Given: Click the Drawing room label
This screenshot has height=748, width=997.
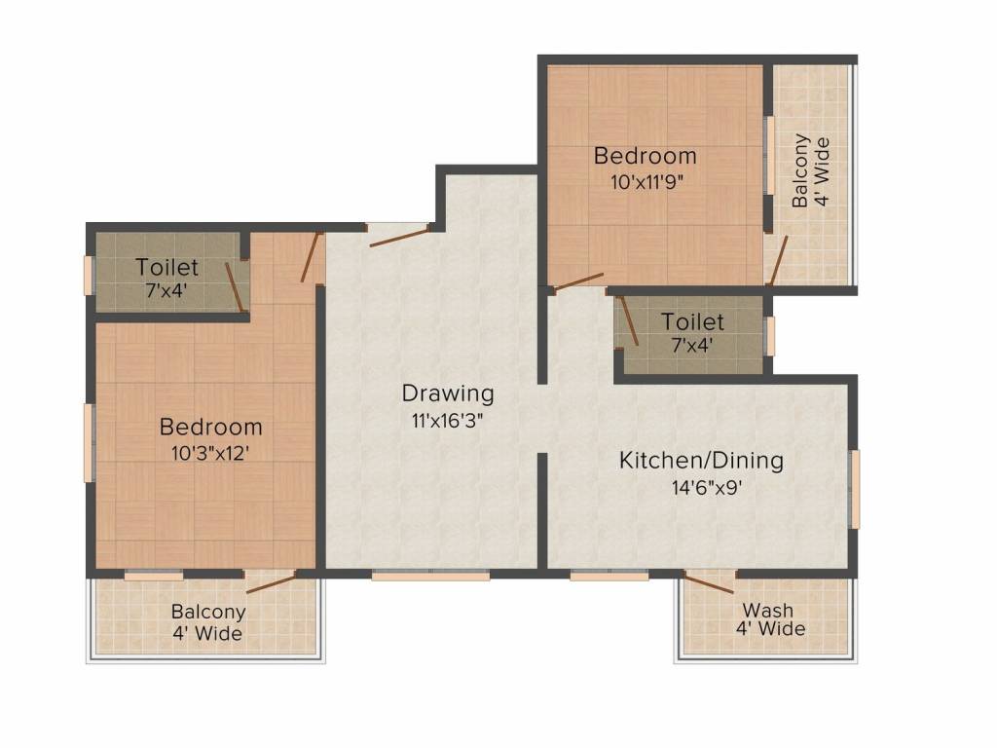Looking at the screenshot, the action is pos(448,393).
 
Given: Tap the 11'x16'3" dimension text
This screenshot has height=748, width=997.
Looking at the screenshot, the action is pos(448,421).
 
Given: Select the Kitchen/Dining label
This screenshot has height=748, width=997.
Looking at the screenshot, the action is pos(701,460).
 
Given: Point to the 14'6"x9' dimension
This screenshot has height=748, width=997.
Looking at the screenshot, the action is pos(707,488).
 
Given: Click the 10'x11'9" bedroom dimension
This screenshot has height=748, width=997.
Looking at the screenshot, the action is pos(646,182).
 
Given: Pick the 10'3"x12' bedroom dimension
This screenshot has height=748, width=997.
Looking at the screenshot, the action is pos(209,453).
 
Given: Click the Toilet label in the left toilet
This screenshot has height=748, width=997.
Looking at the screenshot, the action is pos(166,267).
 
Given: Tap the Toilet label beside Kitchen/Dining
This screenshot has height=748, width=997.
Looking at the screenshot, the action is pos(692,321).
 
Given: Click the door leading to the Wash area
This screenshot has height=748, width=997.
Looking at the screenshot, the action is pos(709,582).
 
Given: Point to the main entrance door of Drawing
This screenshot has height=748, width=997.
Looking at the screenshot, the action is pos(400,235).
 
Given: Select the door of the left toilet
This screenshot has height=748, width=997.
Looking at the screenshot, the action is pos(234,287).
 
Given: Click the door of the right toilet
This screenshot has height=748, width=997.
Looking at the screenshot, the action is pos(629,321).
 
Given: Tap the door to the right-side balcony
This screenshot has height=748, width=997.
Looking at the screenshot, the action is pos(778,261).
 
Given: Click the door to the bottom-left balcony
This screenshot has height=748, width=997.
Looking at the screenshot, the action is pos(271,583).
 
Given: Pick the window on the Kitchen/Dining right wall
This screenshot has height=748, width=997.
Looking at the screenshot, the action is pos(855,489).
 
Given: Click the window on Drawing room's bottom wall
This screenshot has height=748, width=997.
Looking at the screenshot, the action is pos(430,576).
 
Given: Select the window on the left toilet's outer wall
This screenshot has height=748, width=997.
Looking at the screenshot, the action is pos(89,275).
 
